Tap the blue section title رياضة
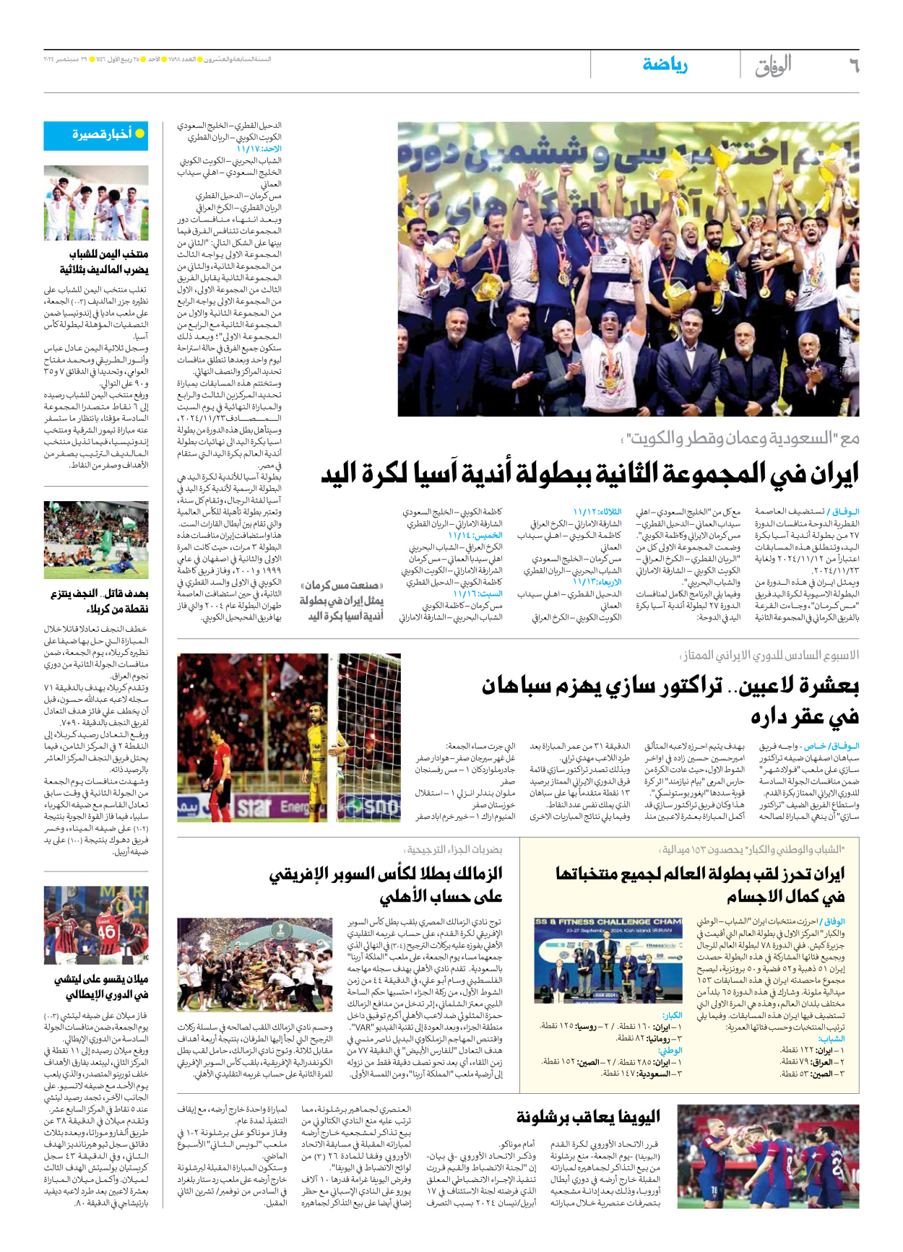(665, 65)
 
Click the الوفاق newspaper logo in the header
(773, 66)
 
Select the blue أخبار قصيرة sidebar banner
(96, 135)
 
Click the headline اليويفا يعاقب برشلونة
(588, 1117)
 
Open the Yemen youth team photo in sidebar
(96, 203)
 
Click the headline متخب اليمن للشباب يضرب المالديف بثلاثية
(104, 261)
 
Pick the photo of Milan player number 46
(96, 926)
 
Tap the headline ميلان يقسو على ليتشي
(101, 987)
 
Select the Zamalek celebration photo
(255, 964)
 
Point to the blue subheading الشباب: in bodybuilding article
(832, 1039)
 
